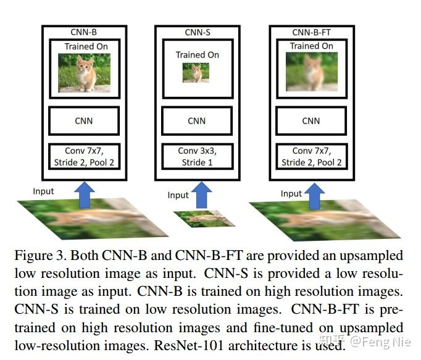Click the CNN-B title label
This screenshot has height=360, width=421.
pyautogui.click(x=84, y=32)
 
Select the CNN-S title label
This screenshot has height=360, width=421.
pyautogui.click(x=198, y=32)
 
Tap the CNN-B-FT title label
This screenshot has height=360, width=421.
pyautogui.click(x=312, y=32)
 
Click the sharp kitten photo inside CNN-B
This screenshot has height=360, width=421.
pyautogui.click(x=84, y=73)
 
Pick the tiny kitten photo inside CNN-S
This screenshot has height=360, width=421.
pyautogui.click(x=197, y=73)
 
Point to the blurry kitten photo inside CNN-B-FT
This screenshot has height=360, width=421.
pyautogui.click(x=312, y=72)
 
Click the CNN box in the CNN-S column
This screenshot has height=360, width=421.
pyautogui.click(x=197, y=121)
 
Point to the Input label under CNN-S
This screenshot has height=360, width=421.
pyautogui.click(x=178, y=195)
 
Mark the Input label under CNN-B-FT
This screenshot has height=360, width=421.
pyautogui.click(x=291, y=193)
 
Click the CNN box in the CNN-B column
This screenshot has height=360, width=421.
pyautogui.click(x=84, y=121)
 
